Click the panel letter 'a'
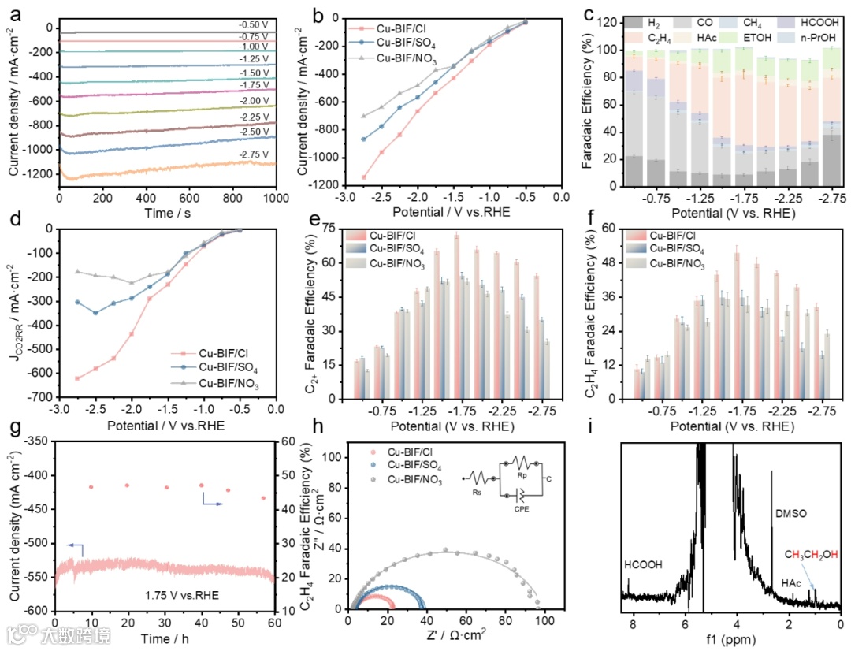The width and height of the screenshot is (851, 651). point(12,14)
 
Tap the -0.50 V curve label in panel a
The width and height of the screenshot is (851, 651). point(253,24)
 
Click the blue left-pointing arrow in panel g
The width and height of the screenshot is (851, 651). point(75,545)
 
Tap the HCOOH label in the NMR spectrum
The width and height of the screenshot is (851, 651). point(643,565)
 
